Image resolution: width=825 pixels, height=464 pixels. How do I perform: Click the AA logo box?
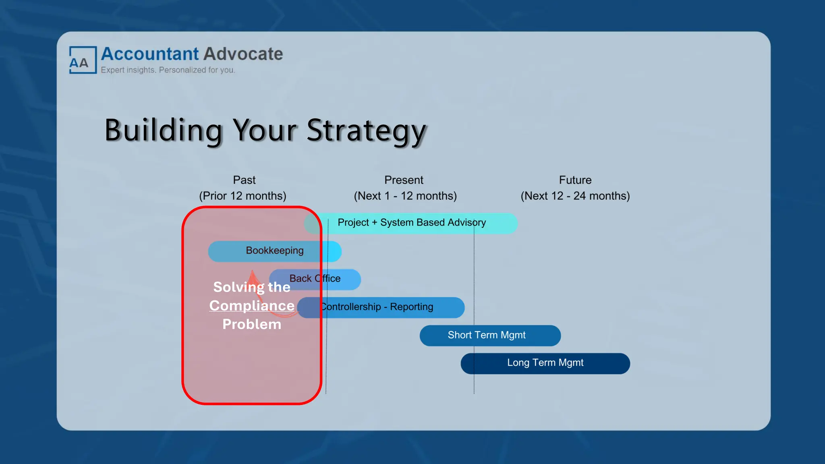[83, 60]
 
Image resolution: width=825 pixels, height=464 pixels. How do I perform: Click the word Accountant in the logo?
[150, 54]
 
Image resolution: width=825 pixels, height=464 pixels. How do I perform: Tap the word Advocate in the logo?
[243, 54]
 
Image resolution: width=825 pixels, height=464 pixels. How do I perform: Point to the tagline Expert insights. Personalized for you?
[168, 70]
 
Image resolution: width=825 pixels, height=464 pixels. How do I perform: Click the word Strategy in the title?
[366, 130]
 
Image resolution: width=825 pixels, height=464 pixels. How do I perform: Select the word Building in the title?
[163, 130]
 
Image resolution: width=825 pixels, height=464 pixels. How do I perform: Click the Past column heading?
[244, 180]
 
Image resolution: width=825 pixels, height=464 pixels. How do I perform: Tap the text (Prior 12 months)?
[243, 196]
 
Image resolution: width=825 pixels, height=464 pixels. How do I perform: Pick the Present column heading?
[404, 180]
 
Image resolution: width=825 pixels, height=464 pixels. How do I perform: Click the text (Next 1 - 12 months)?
[405, 196]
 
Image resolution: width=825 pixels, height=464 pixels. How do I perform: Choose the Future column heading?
[575, 180]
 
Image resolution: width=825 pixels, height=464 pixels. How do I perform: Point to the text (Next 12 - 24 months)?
[575, 196]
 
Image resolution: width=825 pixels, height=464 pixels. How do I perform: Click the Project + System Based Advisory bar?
[412, 223]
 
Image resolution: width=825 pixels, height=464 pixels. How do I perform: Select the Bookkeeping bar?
[275, 251]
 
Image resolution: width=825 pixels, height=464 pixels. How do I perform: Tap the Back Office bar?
[315, 279]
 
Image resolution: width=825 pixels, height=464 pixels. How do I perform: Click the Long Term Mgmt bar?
[545, 363]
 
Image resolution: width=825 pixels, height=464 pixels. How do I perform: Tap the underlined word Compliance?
[252, 306]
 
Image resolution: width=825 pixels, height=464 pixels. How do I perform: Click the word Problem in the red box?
[252, 324]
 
